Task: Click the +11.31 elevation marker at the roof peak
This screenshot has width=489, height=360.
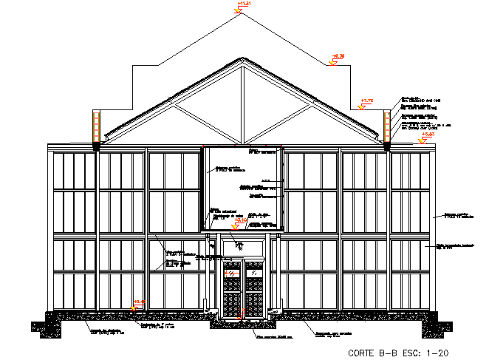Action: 242,5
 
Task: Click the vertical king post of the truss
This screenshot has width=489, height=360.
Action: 242,103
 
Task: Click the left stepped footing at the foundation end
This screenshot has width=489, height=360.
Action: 49,325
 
